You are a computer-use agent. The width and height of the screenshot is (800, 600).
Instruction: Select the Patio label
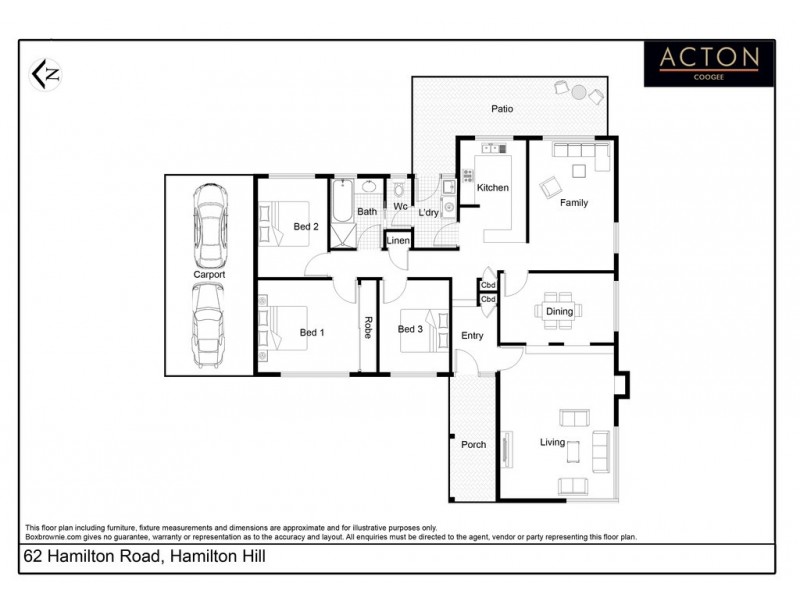pos(501,108)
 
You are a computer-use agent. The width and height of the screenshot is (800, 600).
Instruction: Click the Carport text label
pos(209,274)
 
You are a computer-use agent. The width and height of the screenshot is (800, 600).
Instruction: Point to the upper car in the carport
pos(209,221)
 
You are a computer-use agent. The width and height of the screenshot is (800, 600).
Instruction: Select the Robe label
pos(368,328)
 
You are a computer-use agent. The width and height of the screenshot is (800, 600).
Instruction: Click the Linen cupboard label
pos(398,242)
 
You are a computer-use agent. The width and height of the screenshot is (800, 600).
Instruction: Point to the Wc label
pos(399,207)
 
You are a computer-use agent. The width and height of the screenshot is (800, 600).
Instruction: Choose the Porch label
pos(472,444)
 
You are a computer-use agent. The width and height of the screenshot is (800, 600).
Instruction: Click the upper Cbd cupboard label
pos(488,285)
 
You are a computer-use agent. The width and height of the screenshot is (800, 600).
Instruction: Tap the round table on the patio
pos(579,92)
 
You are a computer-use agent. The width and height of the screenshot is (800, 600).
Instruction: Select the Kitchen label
pos(492,188)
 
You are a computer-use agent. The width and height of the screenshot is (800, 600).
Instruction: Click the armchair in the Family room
pos(551,186)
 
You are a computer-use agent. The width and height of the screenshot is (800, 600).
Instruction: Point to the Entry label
pos(471,336)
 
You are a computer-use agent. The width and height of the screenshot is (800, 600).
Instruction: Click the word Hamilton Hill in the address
pos(214,555)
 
